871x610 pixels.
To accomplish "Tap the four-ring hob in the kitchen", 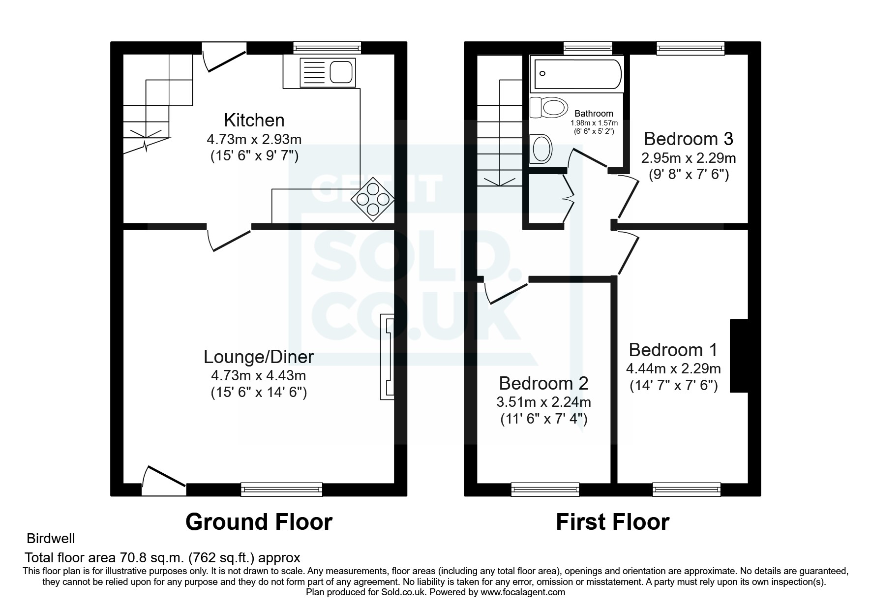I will pos(372,199).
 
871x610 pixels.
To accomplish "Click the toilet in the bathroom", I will pos(547,108).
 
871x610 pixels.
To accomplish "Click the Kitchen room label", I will pos(254,120).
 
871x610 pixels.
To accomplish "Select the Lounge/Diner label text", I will pos(259,357).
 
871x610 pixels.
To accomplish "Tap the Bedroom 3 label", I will pos(688,139).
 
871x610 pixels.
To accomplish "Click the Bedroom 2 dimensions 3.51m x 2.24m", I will pos(543,402).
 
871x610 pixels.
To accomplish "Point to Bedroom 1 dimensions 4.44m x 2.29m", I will pos(673,368).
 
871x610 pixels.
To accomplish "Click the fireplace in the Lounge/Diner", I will pos(387,357).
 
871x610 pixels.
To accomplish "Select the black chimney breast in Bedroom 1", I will pos(739,356).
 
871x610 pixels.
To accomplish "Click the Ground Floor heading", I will pos(259,522).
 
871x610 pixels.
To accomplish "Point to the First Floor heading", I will pos(612,522).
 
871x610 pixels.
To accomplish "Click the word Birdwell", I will pos(51,539).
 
